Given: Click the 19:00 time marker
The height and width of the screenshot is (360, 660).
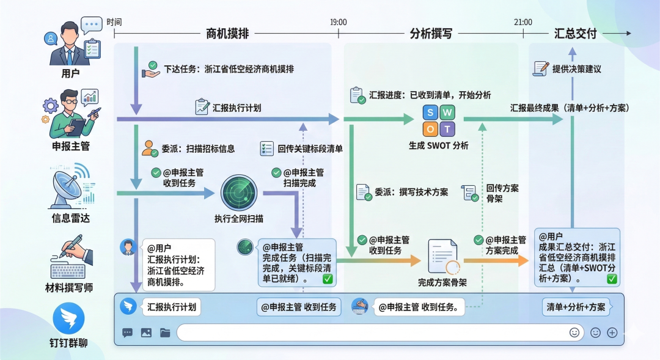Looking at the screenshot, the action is [x=338, y=22].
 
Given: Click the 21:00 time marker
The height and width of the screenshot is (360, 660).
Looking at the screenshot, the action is [x=522, y=22].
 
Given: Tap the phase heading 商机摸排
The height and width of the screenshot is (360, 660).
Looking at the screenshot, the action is [x=227, y=34].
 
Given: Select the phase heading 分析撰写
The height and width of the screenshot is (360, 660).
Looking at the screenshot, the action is [x=430, y=34].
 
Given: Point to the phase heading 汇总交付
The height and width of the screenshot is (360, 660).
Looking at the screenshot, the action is [x=575, y=34].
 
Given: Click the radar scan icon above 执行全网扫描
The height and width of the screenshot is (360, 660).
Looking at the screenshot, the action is [x=239, y=193].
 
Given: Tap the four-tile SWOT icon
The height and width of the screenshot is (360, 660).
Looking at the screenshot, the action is [x=439, y=121].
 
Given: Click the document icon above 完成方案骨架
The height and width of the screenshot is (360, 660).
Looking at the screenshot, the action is [x=443, y=256].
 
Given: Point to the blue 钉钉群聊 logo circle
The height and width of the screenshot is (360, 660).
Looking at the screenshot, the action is [x=68, y=319].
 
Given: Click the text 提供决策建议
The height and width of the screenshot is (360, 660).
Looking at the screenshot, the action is [x=576, y=69].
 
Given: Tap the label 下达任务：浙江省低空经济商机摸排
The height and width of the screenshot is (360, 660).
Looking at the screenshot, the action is [x=229, y=70].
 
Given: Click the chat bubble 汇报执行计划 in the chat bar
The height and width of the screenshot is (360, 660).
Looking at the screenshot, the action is [x=172, y=307].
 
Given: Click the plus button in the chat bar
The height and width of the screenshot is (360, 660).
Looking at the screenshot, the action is [x=612, y=333].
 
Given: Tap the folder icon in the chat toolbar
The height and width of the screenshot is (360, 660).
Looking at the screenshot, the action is [x=165, y=333].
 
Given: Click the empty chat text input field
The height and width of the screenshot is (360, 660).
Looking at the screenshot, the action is [x=373, y=332].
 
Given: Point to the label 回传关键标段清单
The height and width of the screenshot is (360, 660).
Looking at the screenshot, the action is [x=310, y=149].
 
